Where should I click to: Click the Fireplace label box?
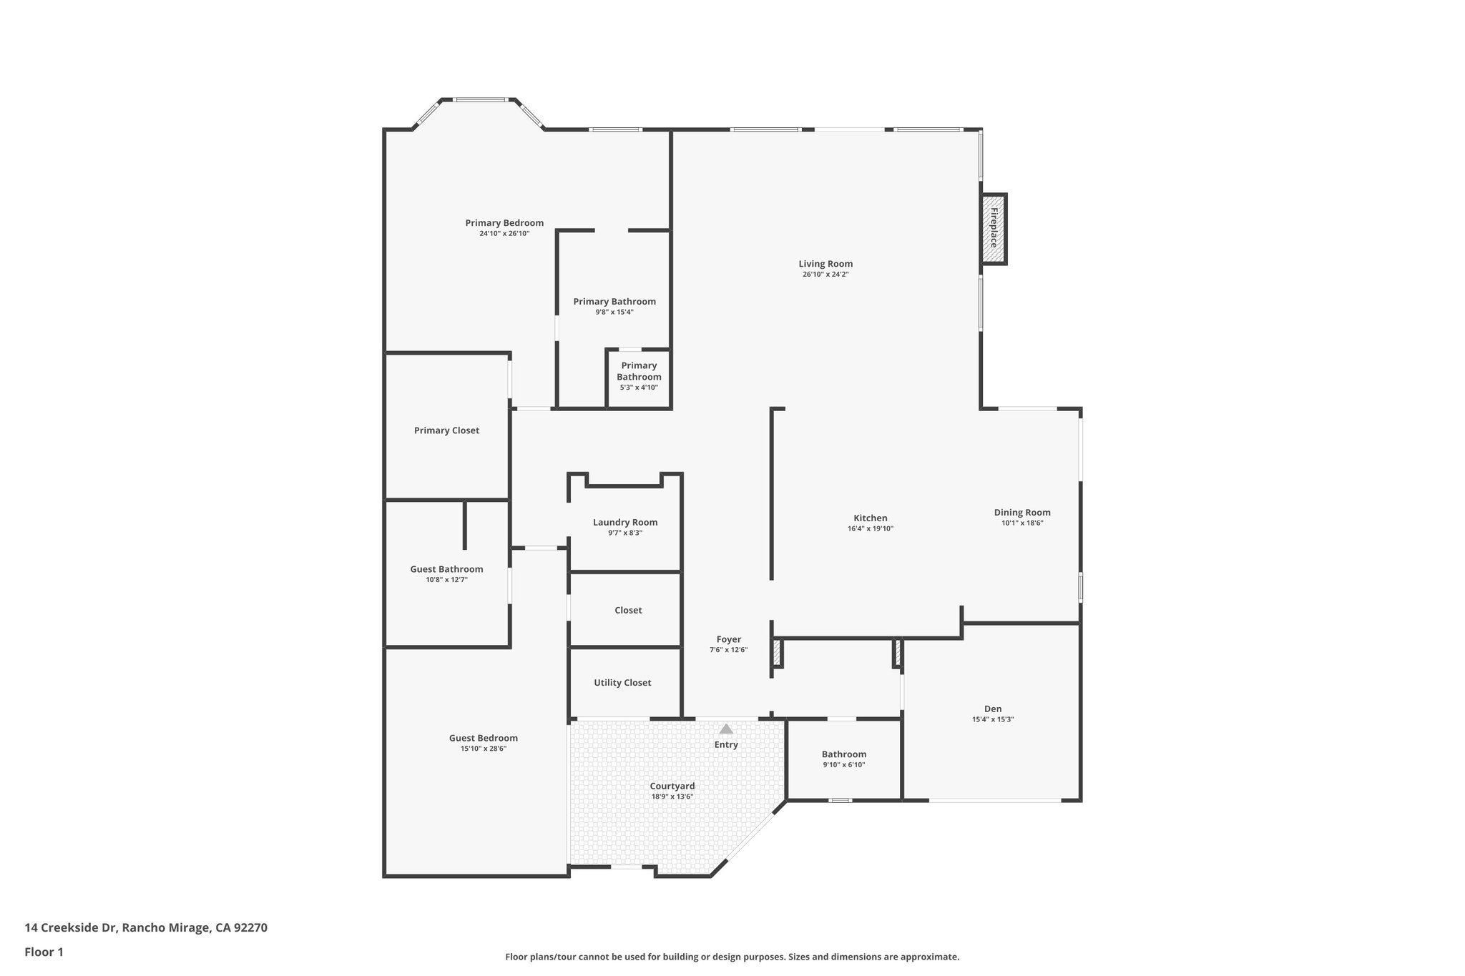(994, 229)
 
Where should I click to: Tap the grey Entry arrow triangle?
(726, 729)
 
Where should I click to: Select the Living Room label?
(825, 264)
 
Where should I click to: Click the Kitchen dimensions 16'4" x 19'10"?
(871, 529)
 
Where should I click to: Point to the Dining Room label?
(1022, 512)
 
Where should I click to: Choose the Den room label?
(992, 709)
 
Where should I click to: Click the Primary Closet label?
(446, 430)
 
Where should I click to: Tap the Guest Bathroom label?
(446, 569)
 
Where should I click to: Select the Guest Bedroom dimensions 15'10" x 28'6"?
(484, 749)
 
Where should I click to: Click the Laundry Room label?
(625, 522)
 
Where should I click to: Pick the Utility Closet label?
(622, 683)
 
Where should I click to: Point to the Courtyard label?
(672, 786)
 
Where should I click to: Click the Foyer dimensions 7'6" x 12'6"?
(728, 650)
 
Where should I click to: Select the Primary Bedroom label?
(504, 222)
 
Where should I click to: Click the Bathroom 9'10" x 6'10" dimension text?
(844, 765)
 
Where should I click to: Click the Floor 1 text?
(44, 952)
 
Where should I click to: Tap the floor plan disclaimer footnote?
(732, 957)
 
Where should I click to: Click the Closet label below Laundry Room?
(628, 610)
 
